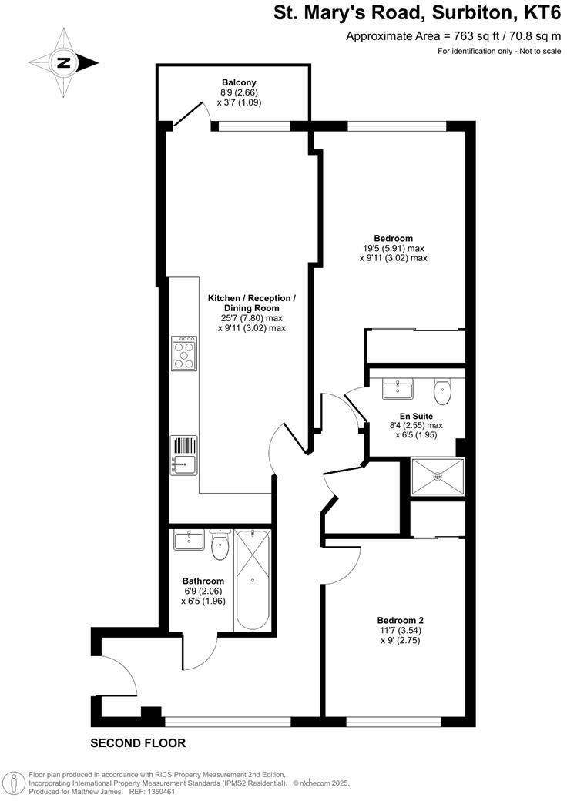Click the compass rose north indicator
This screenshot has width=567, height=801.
(65, 63)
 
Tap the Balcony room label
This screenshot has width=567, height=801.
(239, 82)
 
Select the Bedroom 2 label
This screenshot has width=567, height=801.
(400, 620)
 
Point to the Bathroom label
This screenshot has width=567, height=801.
(203, 581)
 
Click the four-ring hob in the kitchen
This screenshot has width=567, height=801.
(185, 354)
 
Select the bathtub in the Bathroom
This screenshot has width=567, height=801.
(253, 578)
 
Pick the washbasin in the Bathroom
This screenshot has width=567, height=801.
(188, 540)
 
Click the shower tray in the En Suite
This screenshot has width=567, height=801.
(438, 478)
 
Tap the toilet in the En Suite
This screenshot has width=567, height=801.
(442, 391)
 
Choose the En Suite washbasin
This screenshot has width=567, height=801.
(399, 387)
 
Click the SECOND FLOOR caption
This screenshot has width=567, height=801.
(138, 743)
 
